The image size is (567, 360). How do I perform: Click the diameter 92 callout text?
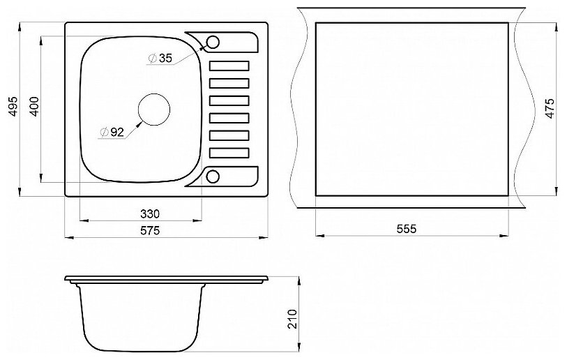[x=116, y=130]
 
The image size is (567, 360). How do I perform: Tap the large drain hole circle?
[x=154, y=110]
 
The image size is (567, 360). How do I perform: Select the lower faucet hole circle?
[x=213, y=176]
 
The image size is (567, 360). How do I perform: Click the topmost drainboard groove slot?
[x=229, y=66]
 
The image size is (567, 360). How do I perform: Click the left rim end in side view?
[x=67, y=281]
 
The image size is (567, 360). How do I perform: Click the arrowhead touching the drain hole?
[x=141, y=122]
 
